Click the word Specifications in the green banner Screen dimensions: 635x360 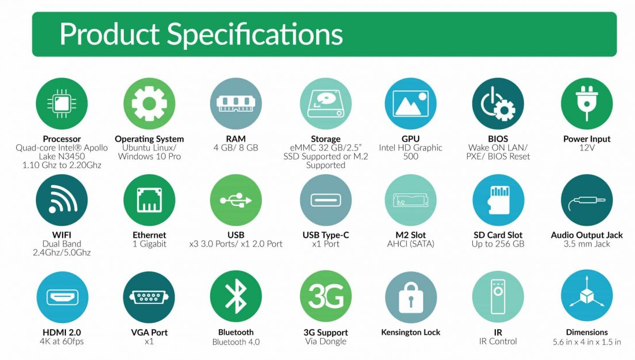pyautogui.click(x=255, y=35)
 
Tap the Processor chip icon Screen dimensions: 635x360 pyautogui.click(x=61, y=104)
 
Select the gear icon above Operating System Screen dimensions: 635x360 pyautogui.click(x=149, y=104)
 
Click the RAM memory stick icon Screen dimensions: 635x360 pyautogui.click(x=236, y=104)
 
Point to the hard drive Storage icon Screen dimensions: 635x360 pyautogui.click(x=325, y=104)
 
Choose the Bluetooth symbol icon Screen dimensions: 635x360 pyautogui.click(x=236, y=297)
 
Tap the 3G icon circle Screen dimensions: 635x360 pyautogui.click(x=325, y=297)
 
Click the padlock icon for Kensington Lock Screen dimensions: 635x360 pyautogui.click(x=410, y=297)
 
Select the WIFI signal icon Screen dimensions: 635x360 pyautogui.click(x=61, y=200)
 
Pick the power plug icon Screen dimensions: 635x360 pyautogui.click(x=587, y=104)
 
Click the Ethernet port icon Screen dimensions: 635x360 pyautogui.click(x=149, y=200)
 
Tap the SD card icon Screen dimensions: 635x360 pyautogui.click(x=498, y=200)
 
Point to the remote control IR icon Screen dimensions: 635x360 pyautogui.click(x=498, y=297)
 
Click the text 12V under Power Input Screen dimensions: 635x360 pyautogui.click(x=587, y=148)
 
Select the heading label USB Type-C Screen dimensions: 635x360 pyautogui.click(x=325, y=236)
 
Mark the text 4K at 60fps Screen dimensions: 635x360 pyautogui.click(x=61, y=341)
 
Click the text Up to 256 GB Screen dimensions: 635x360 pyautogui.click(x=498, y=244)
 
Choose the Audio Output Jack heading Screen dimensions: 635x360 pyautogui.click(x=587, y=236)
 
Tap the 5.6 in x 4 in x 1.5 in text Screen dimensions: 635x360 pyautogui.click(x=587, y=342)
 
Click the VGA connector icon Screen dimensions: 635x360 pyautogui.click(x=149, y=297)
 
